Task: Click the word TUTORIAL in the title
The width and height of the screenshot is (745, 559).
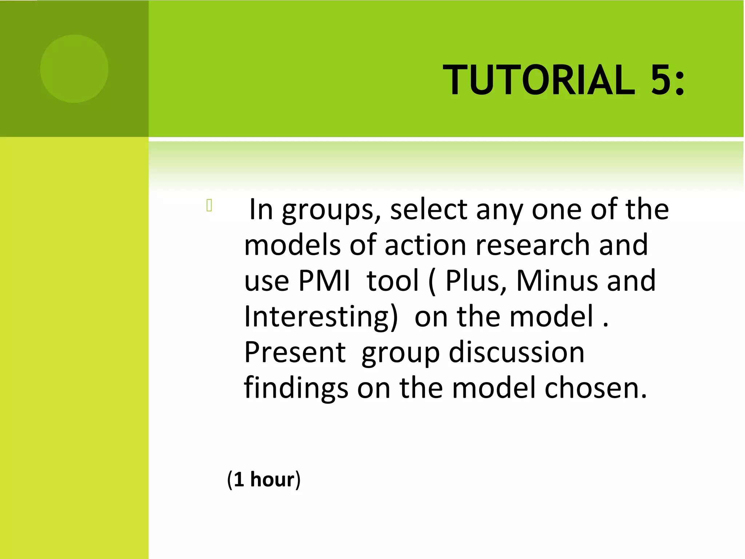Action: [538, 80]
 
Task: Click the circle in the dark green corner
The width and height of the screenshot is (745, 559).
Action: [74, 69]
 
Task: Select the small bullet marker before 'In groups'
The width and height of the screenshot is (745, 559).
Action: [209, 206]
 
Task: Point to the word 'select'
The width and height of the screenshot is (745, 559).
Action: [429, 210]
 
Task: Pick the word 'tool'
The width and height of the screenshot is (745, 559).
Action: [393, 281]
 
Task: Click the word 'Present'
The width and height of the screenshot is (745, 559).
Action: [295, 352]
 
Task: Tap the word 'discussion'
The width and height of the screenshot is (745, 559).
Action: [517, 352]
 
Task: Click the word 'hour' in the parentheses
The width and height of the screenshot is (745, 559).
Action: [272, 479]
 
